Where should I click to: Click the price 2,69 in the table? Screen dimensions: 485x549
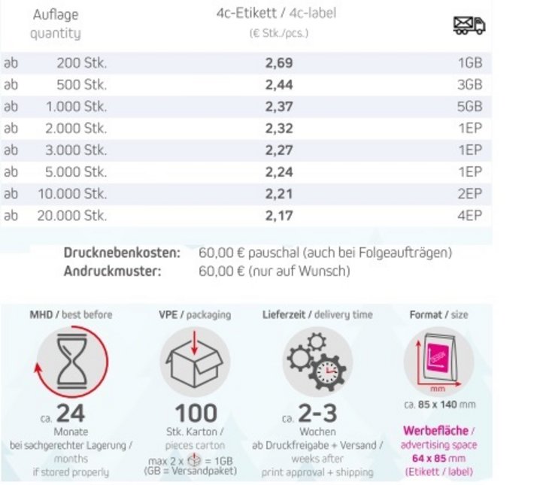pos(279,63)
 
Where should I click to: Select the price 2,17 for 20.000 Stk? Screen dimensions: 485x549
pos(279,216)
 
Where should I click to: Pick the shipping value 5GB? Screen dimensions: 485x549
pos(469,107)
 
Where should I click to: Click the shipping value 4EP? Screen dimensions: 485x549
pos(469,216)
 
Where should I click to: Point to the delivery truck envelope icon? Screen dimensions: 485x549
pos(469,26)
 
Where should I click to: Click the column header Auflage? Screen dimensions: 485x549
pos(56,15)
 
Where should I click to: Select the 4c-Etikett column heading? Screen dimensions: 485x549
pos(242,13)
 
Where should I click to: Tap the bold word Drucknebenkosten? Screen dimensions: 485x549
pos(122,253)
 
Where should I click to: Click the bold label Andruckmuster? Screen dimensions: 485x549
pos(113,271)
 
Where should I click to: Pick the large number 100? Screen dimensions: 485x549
pos(196,414)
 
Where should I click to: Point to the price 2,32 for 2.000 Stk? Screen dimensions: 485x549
pos(279,129)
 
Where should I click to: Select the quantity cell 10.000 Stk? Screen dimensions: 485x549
pos(72,194)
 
